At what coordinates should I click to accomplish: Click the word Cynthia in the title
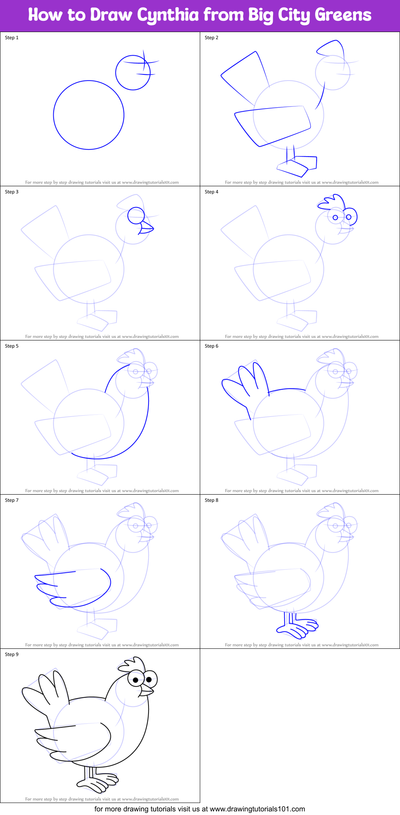click(167, 15)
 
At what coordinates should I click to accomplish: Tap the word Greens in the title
click(343, 15)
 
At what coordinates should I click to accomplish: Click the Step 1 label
click(12, 38)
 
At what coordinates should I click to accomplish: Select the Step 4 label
click(211, 192)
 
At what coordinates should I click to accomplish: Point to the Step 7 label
click(12, 500)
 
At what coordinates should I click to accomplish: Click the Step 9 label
click(12, 654)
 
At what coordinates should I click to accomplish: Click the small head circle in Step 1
click(133, 72)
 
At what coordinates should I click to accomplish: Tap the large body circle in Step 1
click(88, 115)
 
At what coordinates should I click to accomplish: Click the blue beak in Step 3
click(147, 229)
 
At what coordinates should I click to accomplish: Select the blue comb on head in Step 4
click(332, 201)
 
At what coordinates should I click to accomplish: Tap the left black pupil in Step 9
click(136, 680)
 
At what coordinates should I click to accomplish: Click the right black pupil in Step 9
click(149, 679)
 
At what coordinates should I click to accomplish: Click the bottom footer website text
click(199, 809)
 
